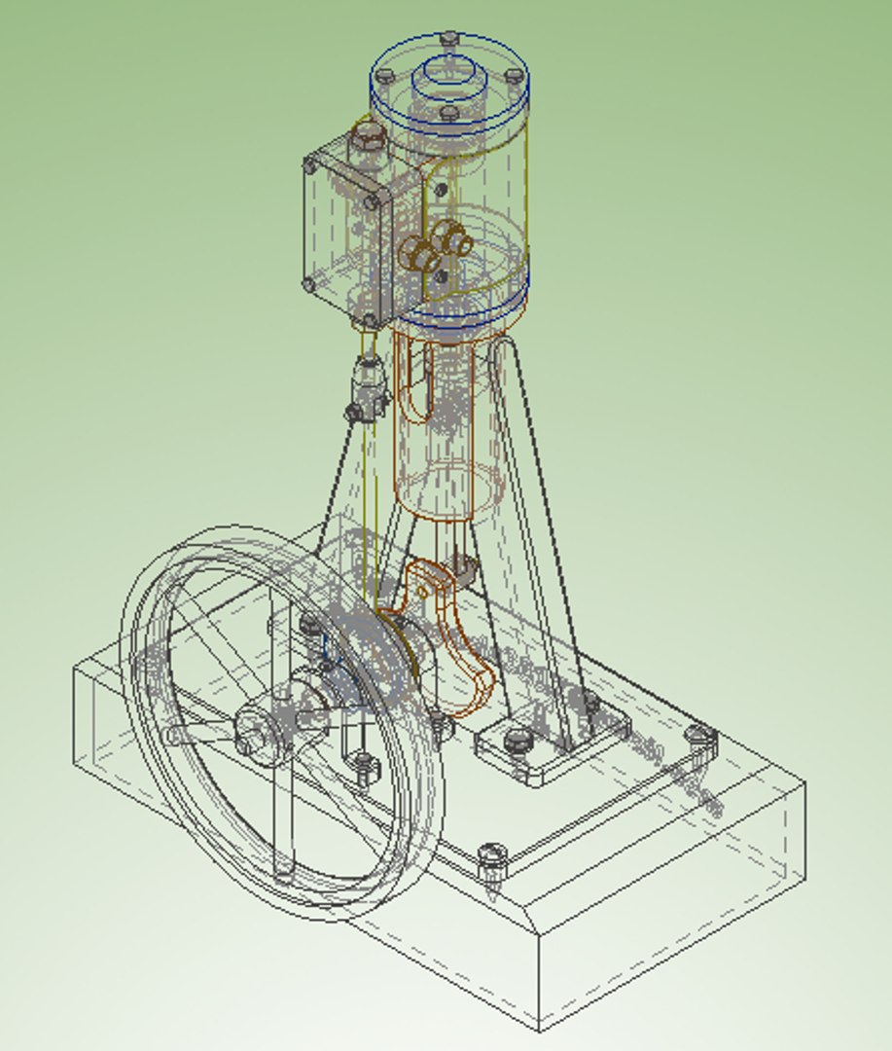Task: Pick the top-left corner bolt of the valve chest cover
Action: tap(311, 165)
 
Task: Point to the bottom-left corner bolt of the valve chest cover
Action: tap(309, 285)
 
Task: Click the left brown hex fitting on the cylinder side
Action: tap(419, 254)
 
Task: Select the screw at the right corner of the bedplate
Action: tap(700, 739)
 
